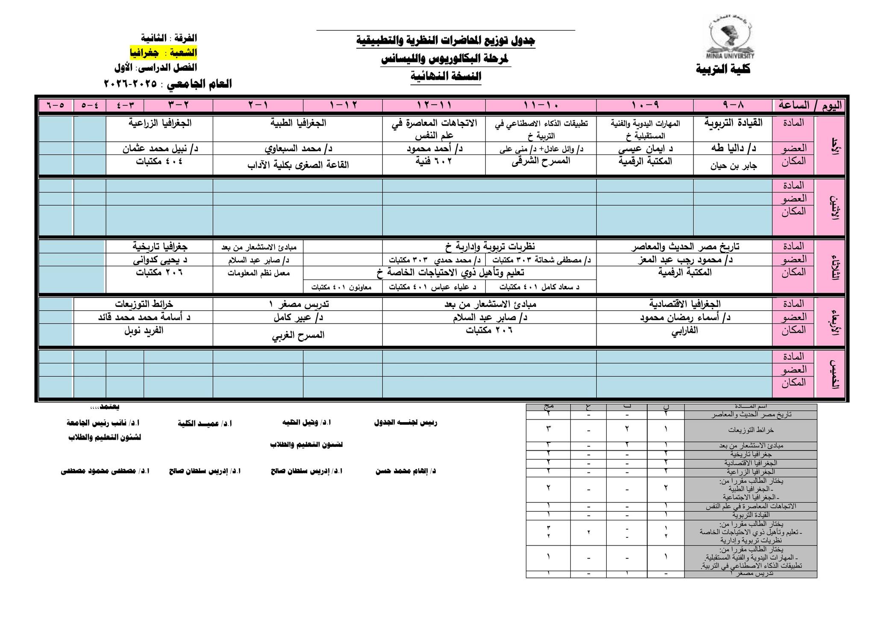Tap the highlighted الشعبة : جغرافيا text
tap(163, 53)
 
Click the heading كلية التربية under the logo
tap(723, 69)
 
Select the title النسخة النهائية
tap(446, 76)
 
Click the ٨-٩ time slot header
tap(733, 105)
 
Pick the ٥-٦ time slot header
tap(56, 105)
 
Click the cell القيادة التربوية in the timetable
tap(733, 123)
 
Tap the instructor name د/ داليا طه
tap(733, 148)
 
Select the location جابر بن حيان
tap(733, 166)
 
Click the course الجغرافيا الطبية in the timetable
tap(298, 123)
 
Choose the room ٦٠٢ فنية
tap(434, 161)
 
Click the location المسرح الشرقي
tap(541, 161)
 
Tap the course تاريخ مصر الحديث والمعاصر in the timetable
tap(685, 246)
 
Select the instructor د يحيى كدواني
tap(160, 259)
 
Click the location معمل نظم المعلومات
tap(258, 273)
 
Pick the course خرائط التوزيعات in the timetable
tap(144, 303)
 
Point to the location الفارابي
tap(685, 330)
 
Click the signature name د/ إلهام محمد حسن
tap(405, 471)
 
